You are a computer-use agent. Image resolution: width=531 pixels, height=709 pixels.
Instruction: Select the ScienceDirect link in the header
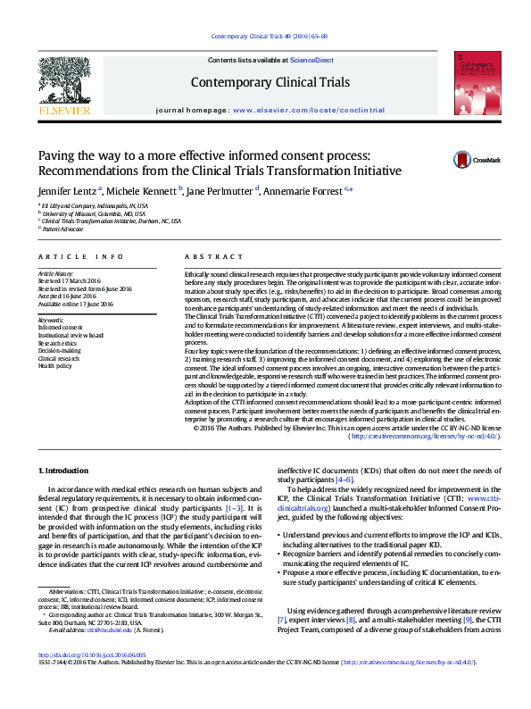click(x=313, y=60)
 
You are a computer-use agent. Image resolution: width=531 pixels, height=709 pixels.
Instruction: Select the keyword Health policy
click(x=54, y=366)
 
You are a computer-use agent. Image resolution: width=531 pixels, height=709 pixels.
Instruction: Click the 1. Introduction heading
click(x=64, y=469)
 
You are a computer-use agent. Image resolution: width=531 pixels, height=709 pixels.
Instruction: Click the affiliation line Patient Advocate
click(x=62, y=229)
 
